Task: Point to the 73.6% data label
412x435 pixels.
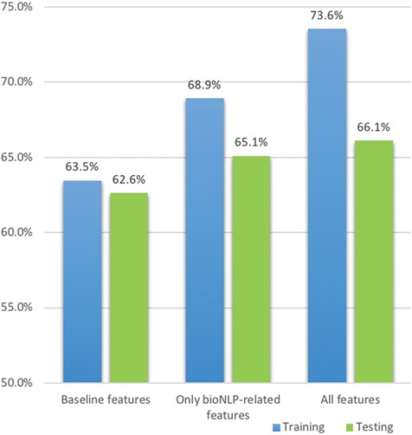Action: click(326, 16)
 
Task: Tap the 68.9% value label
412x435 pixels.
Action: click(204, 86)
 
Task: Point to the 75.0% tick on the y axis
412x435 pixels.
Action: click(17, 7)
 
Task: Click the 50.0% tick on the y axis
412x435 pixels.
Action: click(17, 382)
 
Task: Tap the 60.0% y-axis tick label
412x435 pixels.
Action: click(17, 232)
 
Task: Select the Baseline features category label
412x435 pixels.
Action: click(106, 401)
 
